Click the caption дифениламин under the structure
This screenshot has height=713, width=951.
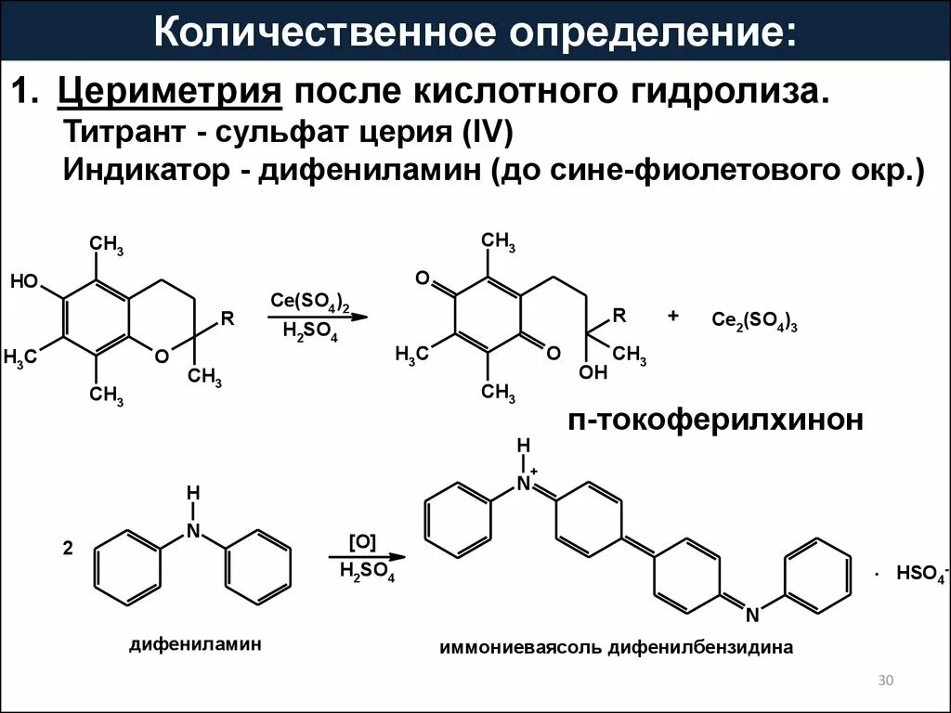(195, 642)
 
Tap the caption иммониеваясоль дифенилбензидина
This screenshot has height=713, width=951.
(616, 647)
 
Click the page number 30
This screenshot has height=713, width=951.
(884, 682)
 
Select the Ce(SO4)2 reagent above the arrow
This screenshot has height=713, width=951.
(310, 302)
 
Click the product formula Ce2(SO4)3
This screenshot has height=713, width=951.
(755, 320)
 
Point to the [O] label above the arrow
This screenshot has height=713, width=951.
(361, 542)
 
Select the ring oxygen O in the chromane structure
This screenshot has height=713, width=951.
(162, 356)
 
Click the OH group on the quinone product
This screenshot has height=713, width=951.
(593, 372)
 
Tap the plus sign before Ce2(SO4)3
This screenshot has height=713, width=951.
(672, 317)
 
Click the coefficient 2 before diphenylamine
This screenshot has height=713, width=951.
(67, 549)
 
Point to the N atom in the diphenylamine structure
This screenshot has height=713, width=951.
(193, 530)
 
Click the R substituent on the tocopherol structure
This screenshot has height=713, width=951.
(227, 318)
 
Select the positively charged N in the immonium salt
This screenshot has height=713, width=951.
(526, 483)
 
